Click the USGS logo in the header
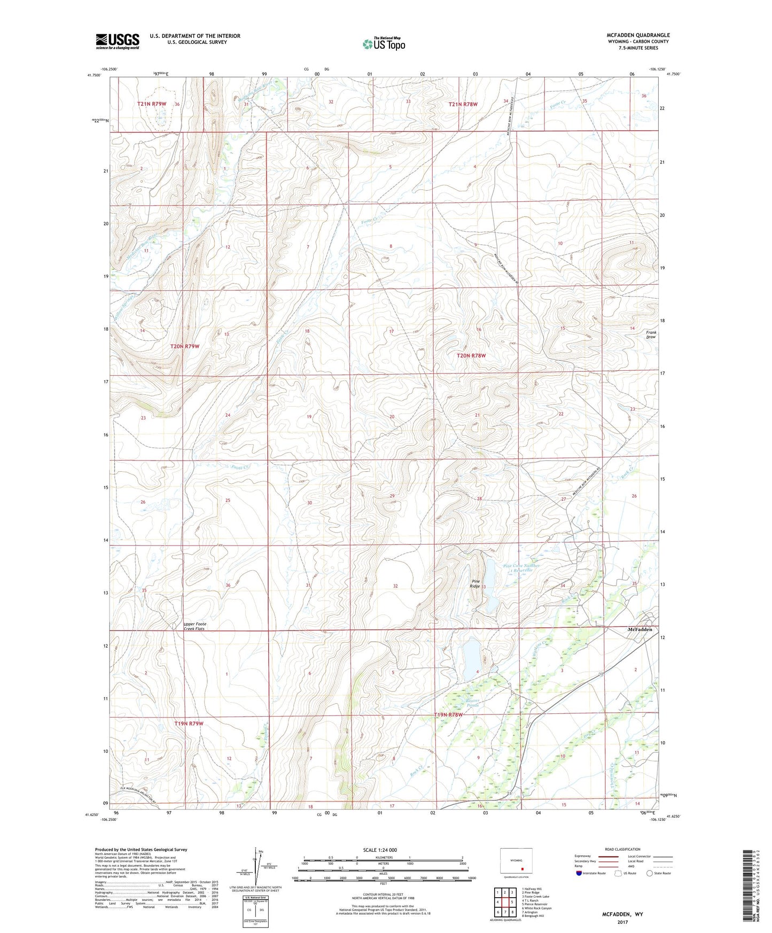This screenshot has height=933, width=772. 117,41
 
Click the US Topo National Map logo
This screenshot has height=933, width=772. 384,43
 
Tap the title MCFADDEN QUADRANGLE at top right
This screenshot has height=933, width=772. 638,35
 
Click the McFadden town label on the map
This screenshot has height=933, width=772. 640,629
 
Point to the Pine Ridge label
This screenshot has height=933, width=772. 475,584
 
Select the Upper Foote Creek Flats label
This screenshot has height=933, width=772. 194,626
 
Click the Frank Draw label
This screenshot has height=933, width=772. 650,335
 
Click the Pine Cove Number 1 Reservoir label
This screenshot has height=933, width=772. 521,567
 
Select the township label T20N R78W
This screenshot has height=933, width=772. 471,355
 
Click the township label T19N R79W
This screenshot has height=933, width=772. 189,723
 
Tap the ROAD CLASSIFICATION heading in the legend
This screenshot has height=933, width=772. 622,849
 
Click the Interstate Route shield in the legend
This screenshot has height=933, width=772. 580,873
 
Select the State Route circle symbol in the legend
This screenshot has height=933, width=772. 650,873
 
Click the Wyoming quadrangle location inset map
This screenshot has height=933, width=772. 516,862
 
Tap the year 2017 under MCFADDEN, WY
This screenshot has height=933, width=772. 622,922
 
